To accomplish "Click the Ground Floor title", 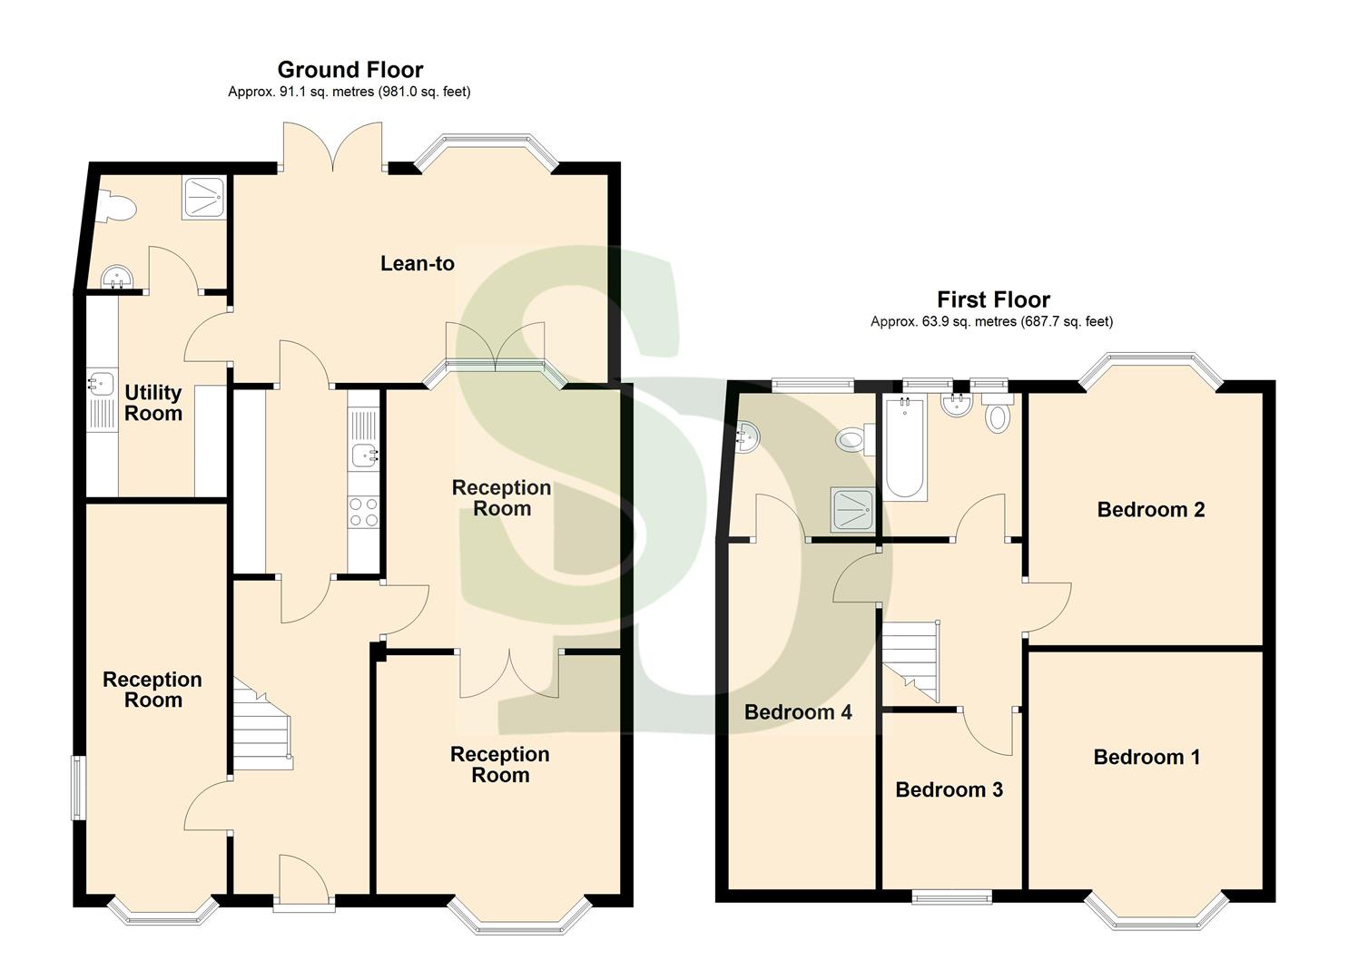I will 349,70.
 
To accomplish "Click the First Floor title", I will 993,299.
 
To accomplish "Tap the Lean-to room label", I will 417,264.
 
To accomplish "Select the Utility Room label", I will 153,403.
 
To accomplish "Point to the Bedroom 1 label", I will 1146,757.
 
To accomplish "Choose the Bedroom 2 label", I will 1150,510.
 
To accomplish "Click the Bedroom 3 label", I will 949,789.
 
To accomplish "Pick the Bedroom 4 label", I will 798,712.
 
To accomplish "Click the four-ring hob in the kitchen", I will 364,512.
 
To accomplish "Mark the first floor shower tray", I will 851,511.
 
